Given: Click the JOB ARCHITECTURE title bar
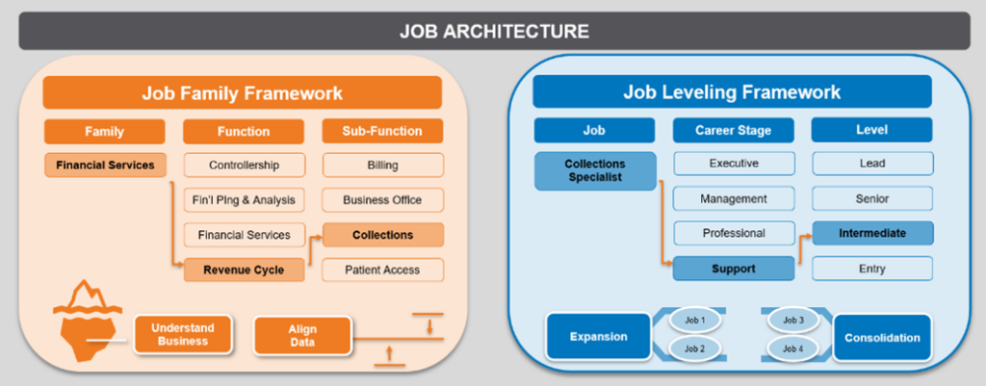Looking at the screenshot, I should pyautogui.click(x=493, y=31).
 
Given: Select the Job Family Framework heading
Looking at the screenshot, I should pyautogui.click(x=242, y=93).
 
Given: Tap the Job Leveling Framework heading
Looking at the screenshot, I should pyautogui.click(x=732, y=92).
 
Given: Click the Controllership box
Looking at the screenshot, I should pyautogui.click(x=244, y=165).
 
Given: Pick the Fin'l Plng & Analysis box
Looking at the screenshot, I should pyautogui.click(x=244, y=200).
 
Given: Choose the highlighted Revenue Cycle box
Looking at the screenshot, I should pyautogui.click(x=244, y=270).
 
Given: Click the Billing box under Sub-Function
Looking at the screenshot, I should pyautogui.click(x=382, y=165).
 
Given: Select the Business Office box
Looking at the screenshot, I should pyautogui.click(x=382, y=200).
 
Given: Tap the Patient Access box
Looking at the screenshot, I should pyautogui.click(x=382, y=270).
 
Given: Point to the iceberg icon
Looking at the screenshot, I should pyautogui.click(x=86, y=319).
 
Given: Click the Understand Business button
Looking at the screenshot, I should pyautogui.click(x=184, y=334).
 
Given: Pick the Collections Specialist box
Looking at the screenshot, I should pyautogui.click(x=594, y=170).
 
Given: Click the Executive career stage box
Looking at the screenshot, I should pyautogui.click(x=734, y=164).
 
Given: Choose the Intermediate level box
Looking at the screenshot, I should pyautogui.click(x=871, y=233).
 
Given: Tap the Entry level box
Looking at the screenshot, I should pyautogui.click(x=871, y=269).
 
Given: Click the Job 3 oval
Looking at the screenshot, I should pyautogui.click(x=793, y=321).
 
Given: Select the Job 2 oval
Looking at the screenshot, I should pyautogui.click(x=694, y=348).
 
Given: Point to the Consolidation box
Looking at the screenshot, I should pyautogui.click(x=882, y=338).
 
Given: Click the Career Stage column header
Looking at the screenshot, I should pyautogui.click(x=734, y=130).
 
